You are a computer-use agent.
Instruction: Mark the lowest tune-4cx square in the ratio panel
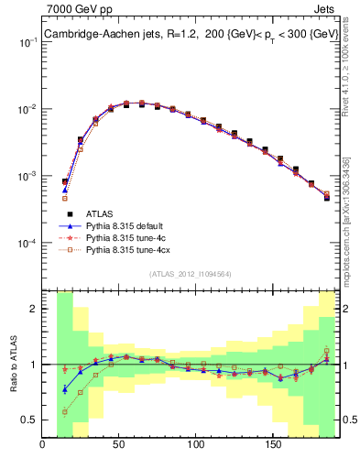coord(65,412)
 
